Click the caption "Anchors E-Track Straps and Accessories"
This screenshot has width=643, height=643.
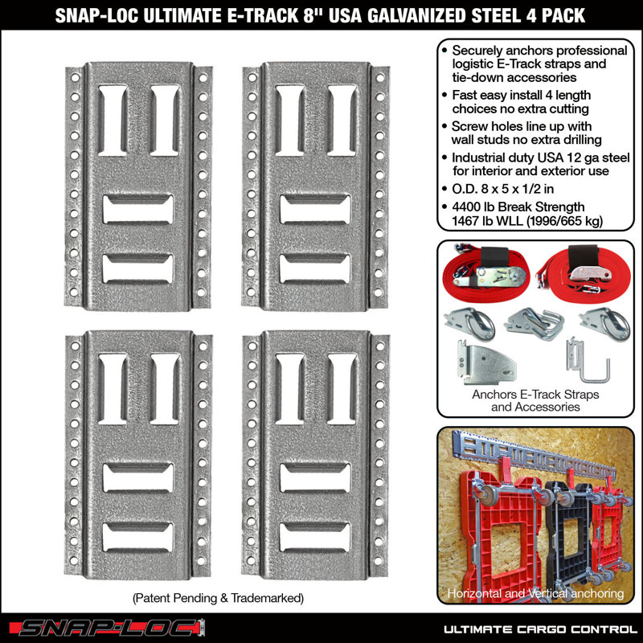click(x=534, y=400)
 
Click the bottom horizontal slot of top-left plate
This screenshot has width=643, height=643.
click(x=138, y=268)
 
